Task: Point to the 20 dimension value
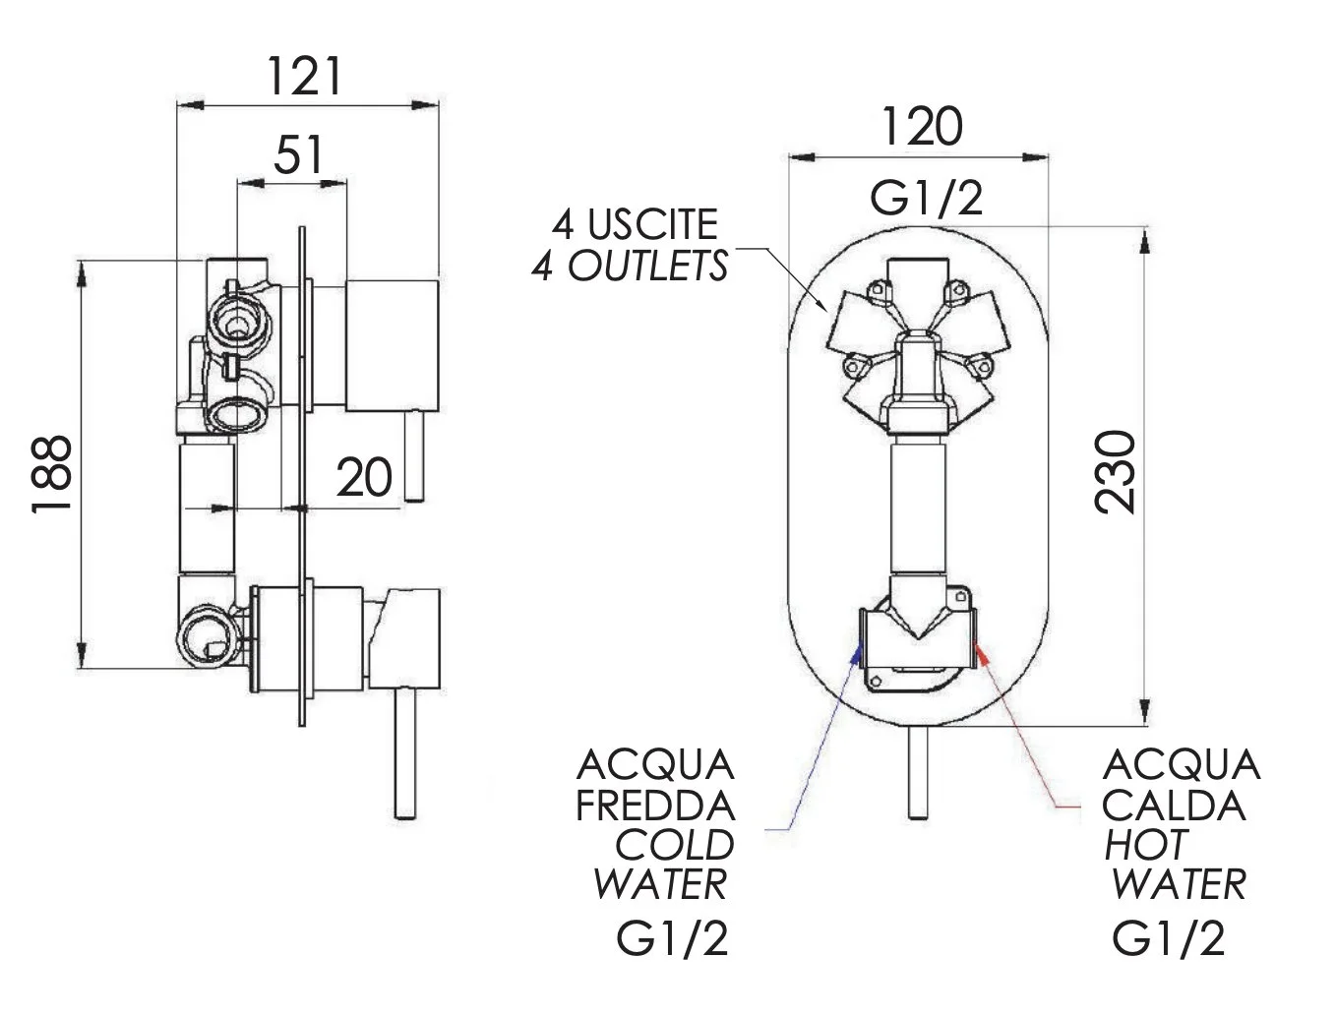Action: click(364, 478)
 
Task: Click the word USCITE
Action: click(652, 225)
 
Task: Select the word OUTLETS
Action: click(648, 266)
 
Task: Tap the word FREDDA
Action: click(655, 807)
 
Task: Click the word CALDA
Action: click(1174, 807)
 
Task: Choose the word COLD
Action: click(675, 845)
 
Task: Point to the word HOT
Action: click(1145, 845)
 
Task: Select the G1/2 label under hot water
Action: click(1170, 938)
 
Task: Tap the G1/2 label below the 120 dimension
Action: click(926, 199)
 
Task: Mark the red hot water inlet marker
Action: click(976, 649)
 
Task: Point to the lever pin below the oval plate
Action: click(917, 772)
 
